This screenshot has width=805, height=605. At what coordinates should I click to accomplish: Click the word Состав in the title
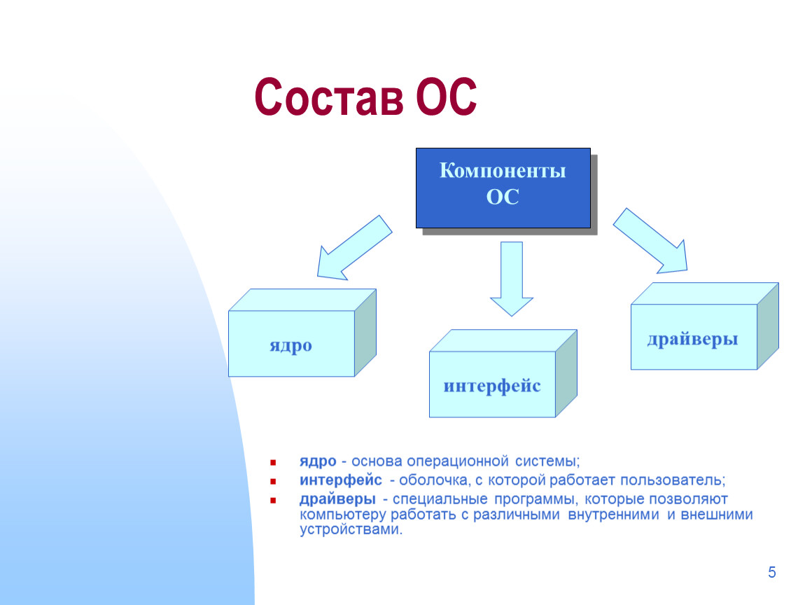[329, 97]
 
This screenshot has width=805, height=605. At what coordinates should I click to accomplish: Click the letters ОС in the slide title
[446, 97]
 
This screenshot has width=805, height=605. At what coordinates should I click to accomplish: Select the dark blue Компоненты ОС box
[503, 188]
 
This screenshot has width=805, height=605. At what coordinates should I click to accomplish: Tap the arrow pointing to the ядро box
[354, 249]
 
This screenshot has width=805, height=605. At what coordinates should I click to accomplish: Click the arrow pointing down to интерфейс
[511, 279]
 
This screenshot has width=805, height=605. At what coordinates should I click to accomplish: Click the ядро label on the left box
[291, 346]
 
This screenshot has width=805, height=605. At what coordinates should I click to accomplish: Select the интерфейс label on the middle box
[492, 386]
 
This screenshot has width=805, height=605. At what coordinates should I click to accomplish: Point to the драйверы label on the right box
[692, 339]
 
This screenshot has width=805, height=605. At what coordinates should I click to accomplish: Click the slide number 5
[771, 572]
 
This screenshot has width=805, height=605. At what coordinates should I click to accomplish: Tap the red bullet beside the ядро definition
[273, 462]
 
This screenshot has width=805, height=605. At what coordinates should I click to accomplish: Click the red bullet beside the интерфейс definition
[273, 481]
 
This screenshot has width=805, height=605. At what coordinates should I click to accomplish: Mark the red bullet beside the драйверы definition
[273, 500]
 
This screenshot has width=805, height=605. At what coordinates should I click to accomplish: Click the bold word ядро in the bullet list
[318, 461]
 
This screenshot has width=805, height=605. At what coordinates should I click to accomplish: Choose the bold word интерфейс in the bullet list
[341, 480]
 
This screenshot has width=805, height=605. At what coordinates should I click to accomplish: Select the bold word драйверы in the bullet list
[338, 499]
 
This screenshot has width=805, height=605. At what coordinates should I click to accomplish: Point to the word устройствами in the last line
[351, 529]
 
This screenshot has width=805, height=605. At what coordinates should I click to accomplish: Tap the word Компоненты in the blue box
[503, 171]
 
